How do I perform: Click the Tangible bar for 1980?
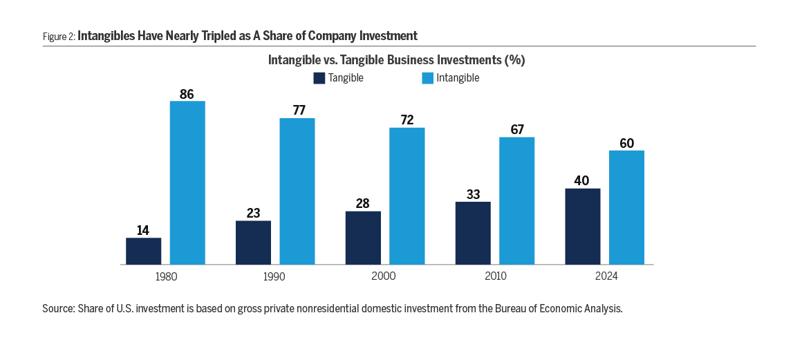(x=143, y=251)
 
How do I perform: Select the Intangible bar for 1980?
(x=187, y=183)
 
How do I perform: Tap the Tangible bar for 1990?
(x=253, y=243)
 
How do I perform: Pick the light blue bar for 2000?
(x=407, y=196)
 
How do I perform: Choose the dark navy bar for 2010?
(x=473, y=233)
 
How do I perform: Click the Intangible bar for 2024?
(x=626, y=207)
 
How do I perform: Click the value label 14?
(x=143, y=230)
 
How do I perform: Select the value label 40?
(x=582, y=181)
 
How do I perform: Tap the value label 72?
(x=407, y=120)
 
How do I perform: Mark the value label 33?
(x=473, y=194)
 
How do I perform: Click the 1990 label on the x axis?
(x=274, y=276)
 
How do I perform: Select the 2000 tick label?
(x=384, y=276)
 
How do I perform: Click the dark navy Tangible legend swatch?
(x=319, y=78)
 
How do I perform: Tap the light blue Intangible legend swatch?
(x=427, y=78)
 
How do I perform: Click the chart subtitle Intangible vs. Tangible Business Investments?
(x=396, y=60)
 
